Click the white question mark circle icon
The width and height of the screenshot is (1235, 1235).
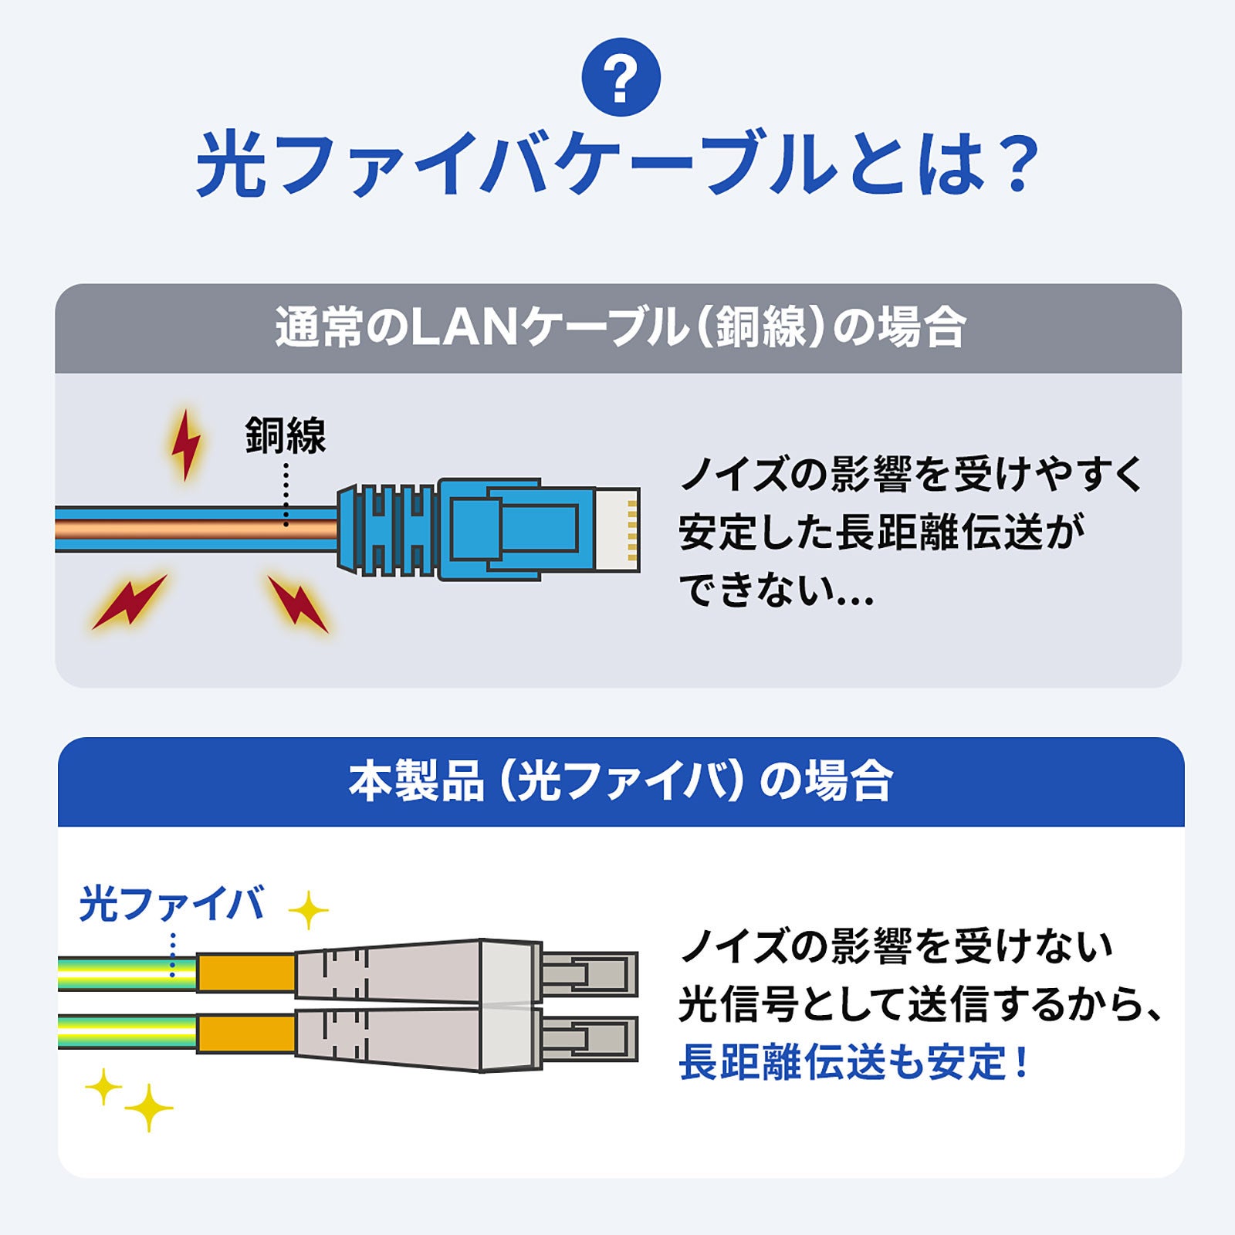coord(621,77)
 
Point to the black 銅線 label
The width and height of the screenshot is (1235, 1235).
coord(286,435)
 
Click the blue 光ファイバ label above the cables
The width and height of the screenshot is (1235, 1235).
coord(171,904)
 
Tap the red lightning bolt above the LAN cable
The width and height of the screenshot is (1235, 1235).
coord(185,445)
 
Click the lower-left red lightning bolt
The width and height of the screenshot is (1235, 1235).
coord(129,601)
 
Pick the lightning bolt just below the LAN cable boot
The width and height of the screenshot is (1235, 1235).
coord(298,603)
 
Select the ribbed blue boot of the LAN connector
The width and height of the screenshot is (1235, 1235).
coord(386,530)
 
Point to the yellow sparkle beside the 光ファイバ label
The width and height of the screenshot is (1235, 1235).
coord(308,911)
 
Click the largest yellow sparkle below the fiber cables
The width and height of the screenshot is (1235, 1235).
coord(148,1108)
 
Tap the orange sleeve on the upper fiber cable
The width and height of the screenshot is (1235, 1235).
coord(245,973)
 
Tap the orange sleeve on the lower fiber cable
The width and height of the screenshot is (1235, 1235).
coord(245,1034)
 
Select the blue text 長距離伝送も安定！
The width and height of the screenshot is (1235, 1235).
coord(853,1062)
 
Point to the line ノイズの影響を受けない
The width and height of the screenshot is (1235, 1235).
coord(895,946)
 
